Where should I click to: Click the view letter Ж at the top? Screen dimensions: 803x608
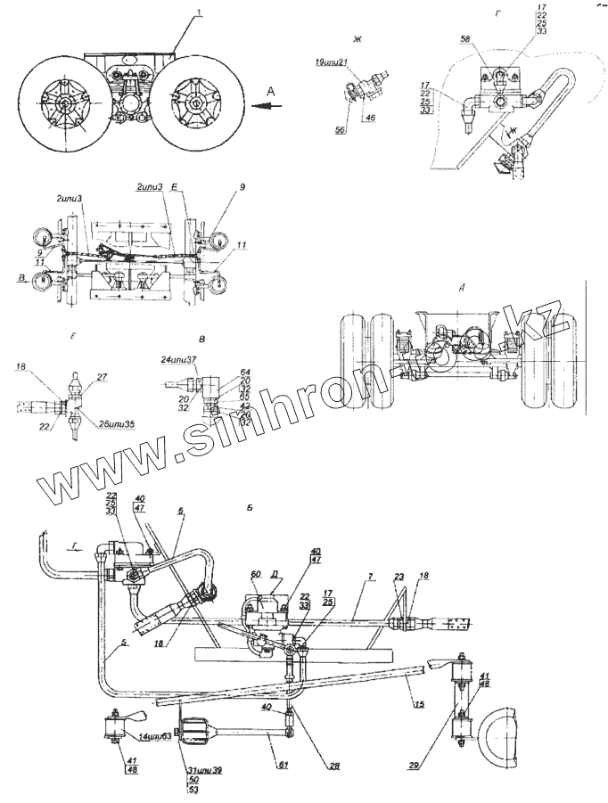(357, 40)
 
